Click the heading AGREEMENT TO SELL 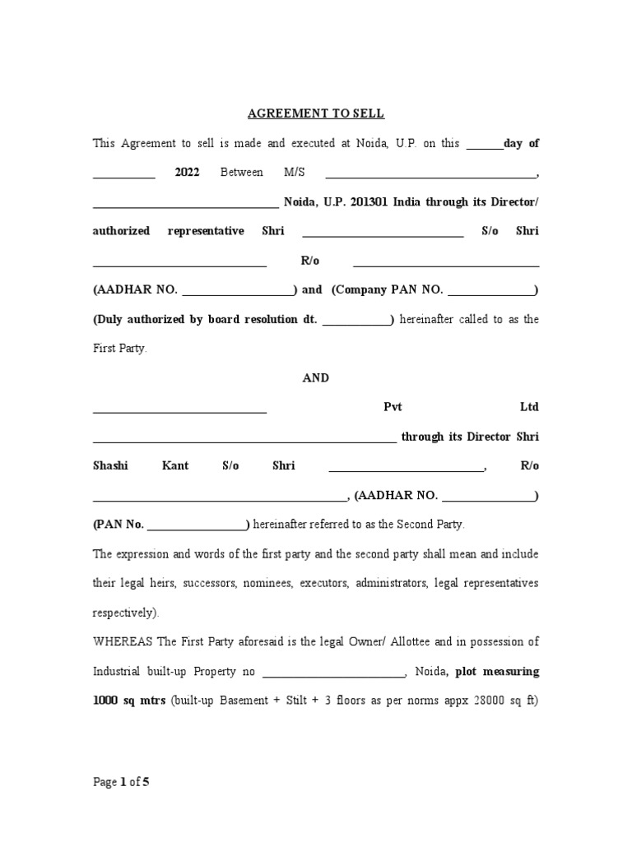(317, 113)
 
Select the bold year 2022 (188, 173)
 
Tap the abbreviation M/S (293, 173)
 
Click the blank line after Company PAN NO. (491, 290)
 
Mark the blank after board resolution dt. (357, 320)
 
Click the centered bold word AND (316, 378)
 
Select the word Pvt (392, 408)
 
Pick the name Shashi (110, 466)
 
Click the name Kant (175, 466)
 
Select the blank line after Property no (333, 672)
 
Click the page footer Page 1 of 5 (121, 783)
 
